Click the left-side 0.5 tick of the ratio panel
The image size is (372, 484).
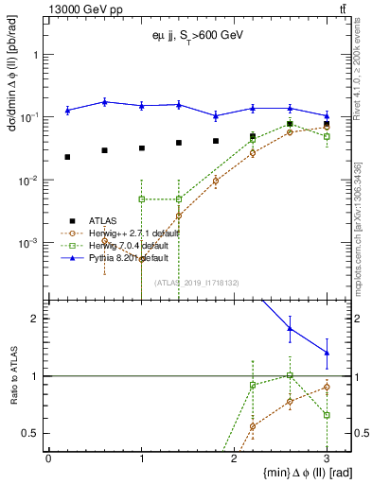tap(36, 433)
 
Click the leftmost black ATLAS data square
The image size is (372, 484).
tap(67, 157)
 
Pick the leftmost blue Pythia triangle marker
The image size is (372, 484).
tap(67, 111)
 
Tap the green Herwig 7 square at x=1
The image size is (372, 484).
tap(141, 199)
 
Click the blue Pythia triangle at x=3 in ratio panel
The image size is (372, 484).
tap(327, 353)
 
